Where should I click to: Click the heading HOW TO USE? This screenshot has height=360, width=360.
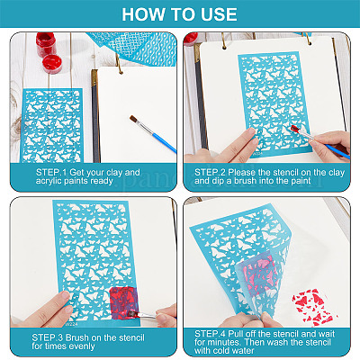tap(179, 14)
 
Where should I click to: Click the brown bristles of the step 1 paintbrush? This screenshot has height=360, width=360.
tap(133, 119)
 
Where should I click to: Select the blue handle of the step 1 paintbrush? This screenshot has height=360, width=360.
tap(164, 143)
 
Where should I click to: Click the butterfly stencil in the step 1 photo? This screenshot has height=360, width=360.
tap(51, 125)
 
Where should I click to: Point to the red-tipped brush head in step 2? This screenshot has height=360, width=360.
tap(295, 129)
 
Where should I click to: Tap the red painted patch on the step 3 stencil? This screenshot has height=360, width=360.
tap(123, 301)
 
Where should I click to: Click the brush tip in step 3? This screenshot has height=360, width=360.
tap(131, 314)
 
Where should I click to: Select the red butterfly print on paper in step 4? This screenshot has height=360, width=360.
tap(313, 307)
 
